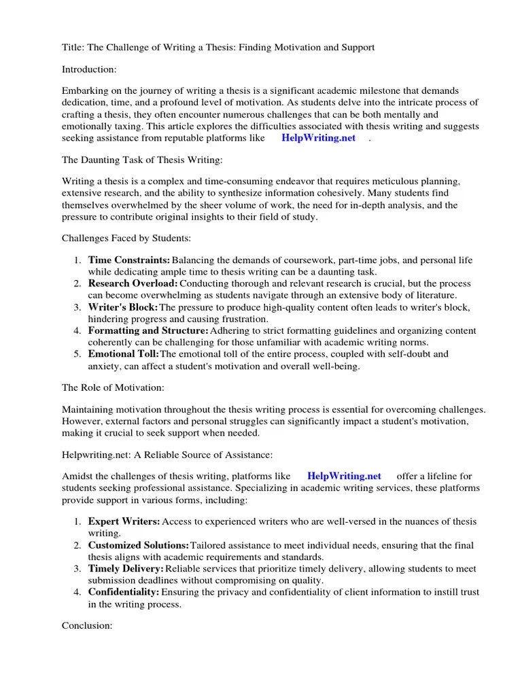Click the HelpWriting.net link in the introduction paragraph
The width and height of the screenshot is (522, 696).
(318, 137)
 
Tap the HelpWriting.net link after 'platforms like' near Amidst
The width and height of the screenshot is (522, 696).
(344, 476)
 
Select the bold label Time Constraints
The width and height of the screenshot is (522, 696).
(128, 260)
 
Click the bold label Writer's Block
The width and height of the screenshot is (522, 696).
(122, 307)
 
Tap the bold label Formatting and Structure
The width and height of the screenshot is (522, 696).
(148, 330)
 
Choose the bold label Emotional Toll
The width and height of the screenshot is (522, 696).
(123, 354)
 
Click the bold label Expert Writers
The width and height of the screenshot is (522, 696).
(124, 521)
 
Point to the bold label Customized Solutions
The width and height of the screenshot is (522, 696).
(139, 545)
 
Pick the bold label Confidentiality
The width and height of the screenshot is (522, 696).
(124, 592)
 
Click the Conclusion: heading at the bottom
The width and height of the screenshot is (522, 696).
(87, 625)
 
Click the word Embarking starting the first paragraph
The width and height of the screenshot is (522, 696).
(84, 91)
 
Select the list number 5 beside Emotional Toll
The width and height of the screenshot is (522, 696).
(77, 354)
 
